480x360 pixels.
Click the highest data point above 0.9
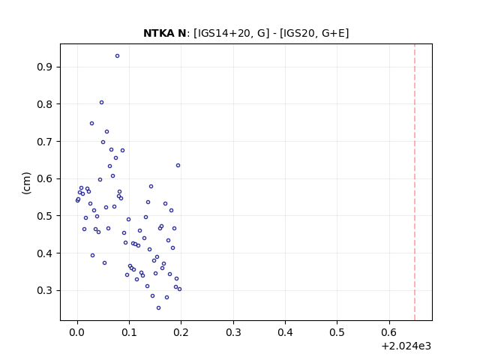(x=117, y=56)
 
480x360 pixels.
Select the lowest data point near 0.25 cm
(x=158, y=308)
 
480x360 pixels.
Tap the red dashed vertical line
(x=415, y=182)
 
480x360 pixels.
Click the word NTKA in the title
(x=157, y=33)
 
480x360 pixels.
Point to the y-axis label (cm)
(x=27, y=183)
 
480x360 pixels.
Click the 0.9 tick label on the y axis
(x=44, y=67)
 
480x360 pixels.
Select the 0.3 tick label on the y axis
(x=44, y=290)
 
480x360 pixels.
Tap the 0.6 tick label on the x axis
(x=389, y=332)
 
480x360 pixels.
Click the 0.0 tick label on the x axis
(x=77, y=332)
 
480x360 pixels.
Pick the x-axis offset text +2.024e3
(x=406, y=346)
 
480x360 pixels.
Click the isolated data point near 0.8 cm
(x=102, y=103)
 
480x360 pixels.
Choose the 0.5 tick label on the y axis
(x=44, y=216)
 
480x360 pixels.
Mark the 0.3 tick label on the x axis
(x=233, y=332)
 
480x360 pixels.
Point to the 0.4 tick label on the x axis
(x=285, y=332)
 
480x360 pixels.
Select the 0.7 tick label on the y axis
(x=44, y=142)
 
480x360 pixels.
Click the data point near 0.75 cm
(x=91, y=123)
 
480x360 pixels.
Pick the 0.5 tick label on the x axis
(x=337, y=332)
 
